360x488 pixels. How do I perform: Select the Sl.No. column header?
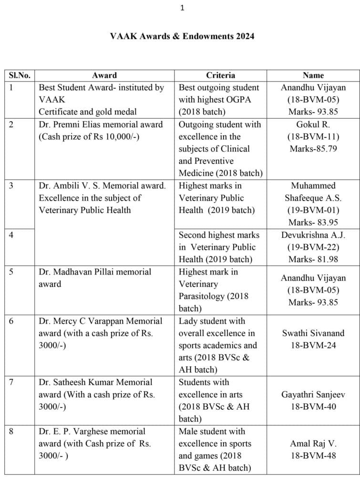[20, 75]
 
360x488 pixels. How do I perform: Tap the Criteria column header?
[220, 75]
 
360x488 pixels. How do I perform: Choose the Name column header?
[313, 75]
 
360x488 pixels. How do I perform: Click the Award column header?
[104, 75]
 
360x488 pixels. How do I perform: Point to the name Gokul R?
[313, 124]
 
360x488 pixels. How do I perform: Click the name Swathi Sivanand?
[313, 333]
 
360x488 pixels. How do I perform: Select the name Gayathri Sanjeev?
[313, 395]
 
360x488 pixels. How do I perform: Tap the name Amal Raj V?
[313, 444]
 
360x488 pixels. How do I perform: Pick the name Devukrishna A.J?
[313, 235]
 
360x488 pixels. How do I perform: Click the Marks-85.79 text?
[313, 149]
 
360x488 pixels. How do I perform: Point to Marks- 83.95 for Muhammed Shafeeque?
[313, 223]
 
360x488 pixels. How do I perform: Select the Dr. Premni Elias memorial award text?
[101, 124]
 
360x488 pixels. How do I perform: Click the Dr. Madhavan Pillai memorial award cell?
[95, 278]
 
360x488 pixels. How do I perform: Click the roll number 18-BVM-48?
[313, 456]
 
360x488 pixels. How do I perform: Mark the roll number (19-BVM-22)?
[313, 247]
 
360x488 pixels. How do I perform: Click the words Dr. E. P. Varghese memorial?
[92, 431]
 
